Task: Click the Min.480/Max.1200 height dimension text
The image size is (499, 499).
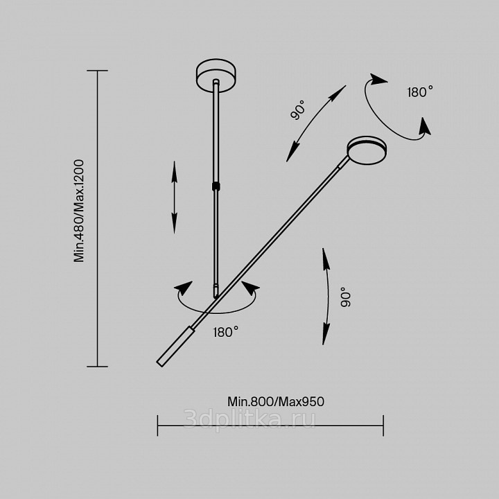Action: pos(78,211)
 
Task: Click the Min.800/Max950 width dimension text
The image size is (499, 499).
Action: pos(276,401)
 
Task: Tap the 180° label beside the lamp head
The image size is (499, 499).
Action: pos(420,92)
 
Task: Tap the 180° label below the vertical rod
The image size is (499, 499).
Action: pos(226,332)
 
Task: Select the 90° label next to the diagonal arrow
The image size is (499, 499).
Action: pos(298,110)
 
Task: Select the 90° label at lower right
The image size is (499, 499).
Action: pos(345,297)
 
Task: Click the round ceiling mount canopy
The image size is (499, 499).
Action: pos(216,76)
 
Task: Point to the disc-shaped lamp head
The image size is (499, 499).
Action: pos(367,150)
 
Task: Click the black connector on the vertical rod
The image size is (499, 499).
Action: pos(216,186)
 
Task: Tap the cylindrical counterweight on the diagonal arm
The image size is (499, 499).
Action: pos(175,346)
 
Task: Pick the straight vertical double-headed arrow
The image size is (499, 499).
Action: pos(174,198)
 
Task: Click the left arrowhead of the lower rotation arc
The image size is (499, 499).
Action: pos(183,288)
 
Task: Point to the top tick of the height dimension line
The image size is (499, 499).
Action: pos(98,70)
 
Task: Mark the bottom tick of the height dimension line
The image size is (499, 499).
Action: pos(98,367)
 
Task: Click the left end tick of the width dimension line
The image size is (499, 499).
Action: pos(157,426)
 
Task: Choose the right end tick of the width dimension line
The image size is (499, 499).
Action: pos(383,426)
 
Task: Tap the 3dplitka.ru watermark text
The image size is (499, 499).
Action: pos(249,419)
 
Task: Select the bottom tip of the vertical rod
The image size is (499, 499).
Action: pos(216,297)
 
